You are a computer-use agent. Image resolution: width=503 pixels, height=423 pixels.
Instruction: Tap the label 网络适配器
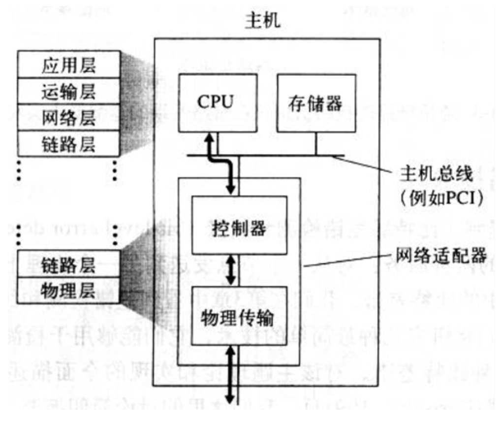click(441, 255)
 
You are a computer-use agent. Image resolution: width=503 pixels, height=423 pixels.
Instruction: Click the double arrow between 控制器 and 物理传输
click(230, 269)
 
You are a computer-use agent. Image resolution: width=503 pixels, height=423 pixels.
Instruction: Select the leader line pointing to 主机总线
click(364, 163)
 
